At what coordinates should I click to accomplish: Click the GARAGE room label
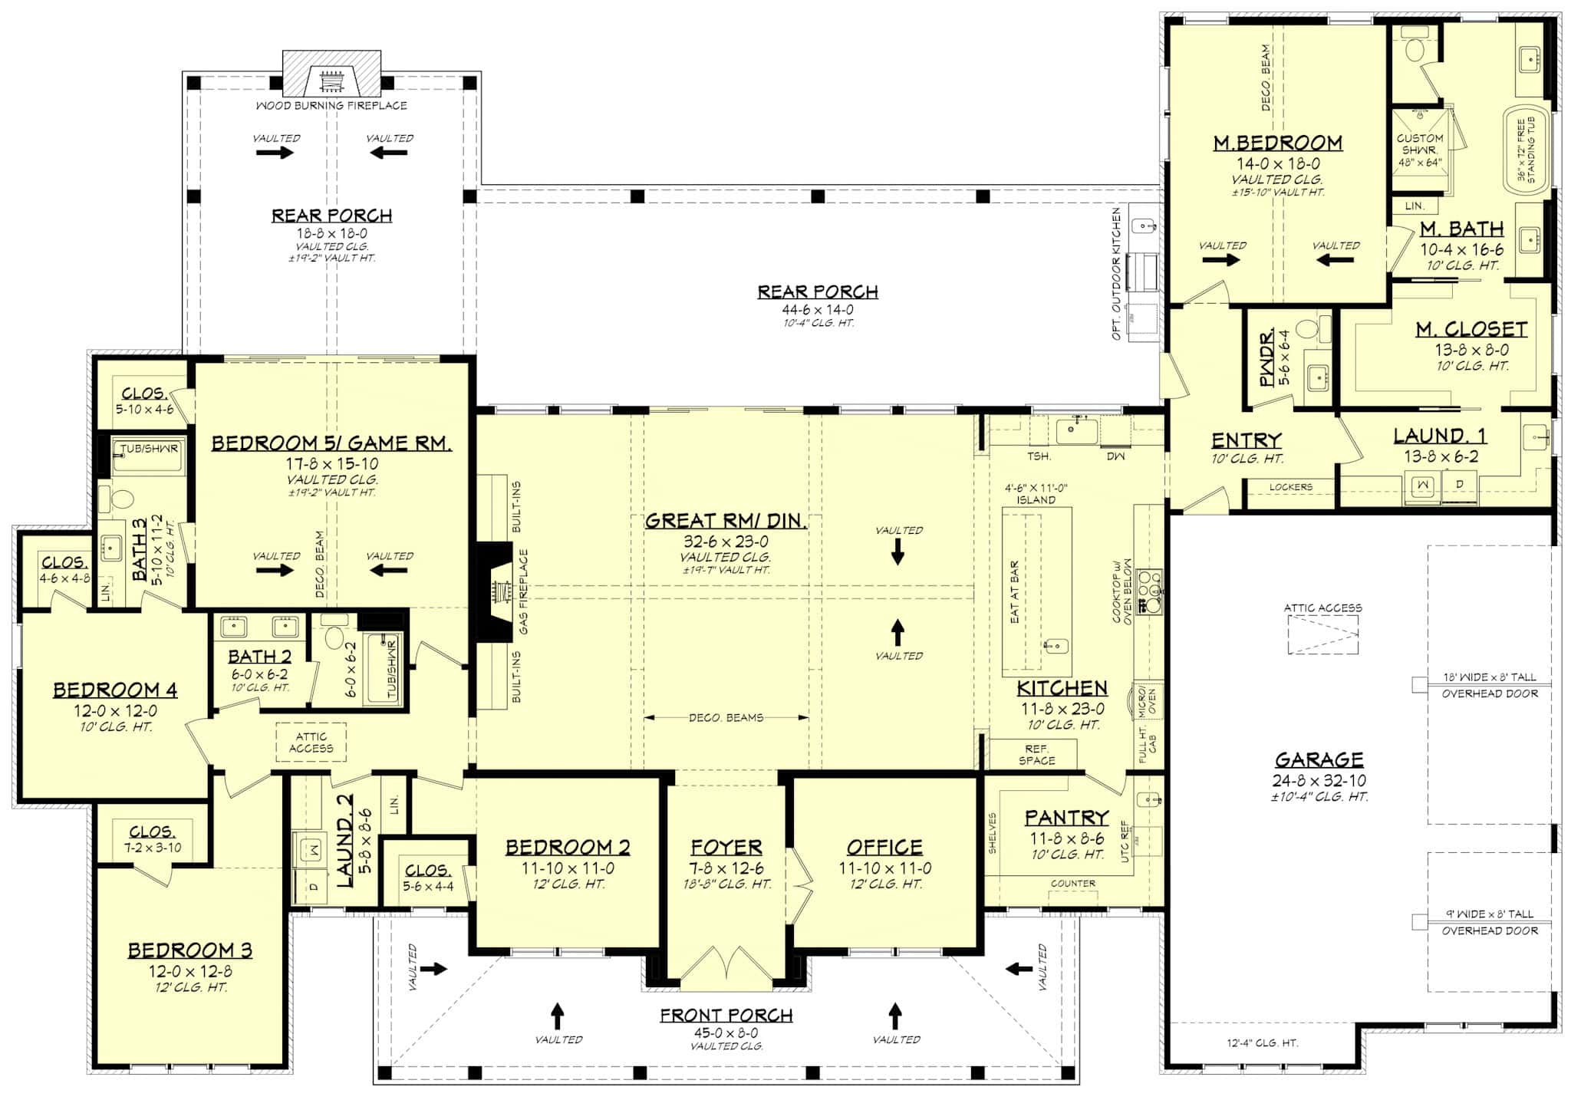pos(1319,759)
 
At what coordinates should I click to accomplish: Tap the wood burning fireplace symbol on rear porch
pos(331,80)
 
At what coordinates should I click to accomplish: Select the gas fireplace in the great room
pos(497,592)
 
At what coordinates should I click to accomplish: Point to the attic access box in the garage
pos(1322,636)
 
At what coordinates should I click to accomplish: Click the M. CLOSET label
pos(1471,329)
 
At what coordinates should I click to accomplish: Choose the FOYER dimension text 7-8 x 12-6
pos(726,868)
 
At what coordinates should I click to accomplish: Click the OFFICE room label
pos(884,847)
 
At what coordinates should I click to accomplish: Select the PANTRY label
pos(1066,818)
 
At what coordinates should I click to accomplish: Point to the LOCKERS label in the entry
pos(1290,486)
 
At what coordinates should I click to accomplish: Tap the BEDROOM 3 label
pos(189,950)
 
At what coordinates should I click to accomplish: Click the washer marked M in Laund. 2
pos(312,849)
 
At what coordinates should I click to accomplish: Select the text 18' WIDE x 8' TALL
pos(1489,677)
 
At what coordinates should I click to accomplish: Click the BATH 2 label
pos(259,657)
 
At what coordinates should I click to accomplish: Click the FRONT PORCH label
pos(726,1015)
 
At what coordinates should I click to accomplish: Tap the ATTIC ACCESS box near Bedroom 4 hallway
pos(311,742)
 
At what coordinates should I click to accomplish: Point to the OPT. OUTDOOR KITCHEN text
pos(1116,273)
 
